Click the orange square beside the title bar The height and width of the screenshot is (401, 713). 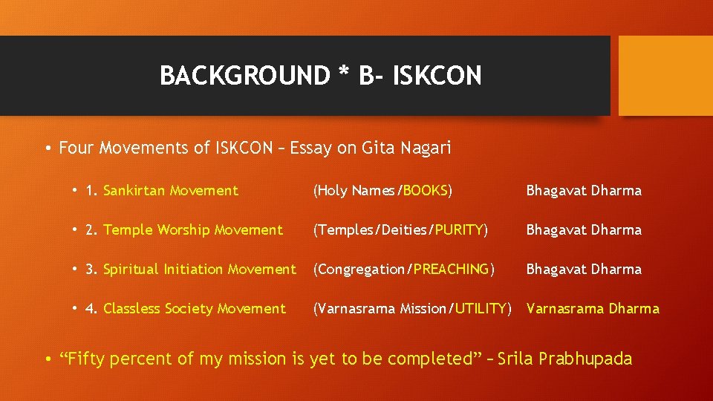665,76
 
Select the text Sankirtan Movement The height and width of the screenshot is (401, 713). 171,191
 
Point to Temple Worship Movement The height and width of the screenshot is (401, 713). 193,230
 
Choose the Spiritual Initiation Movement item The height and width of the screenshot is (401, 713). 199,270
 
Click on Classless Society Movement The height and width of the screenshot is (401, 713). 195,309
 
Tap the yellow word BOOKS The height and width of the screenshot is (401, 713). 426,191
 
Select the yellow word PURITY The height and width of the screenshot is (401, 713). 459,230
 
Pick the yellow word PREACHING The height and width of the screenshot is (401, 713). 452,270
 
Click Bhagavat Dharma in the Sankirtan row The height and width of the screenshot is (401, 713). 584,191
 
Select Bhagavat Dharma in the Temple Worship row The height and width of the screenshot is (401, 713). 584,230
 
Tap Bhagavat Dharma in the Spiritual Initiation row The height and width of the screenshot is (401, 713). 584,270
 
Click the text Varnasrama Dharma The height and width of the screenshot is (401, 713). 593,309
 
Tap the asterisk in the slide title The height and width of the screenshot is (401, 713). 342,73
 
